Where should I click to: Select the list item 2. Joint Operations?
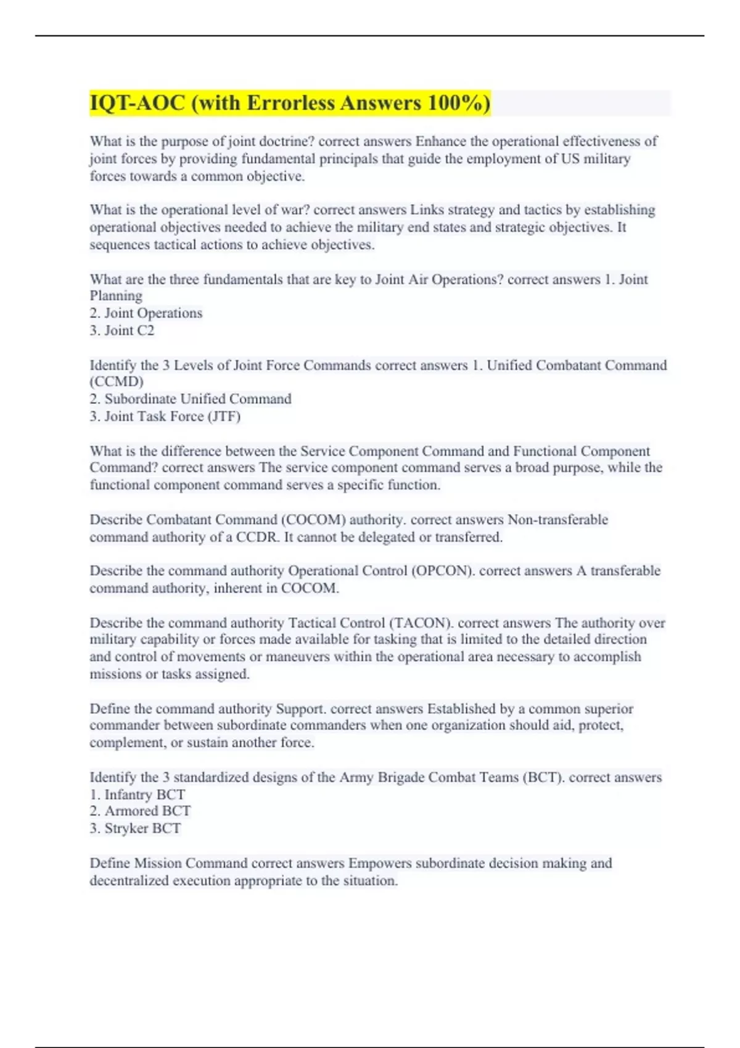(x=146, y=313)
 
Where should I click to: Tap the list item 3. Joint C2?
(x=122, y=330)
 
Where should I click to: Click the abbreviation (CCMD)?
(x=117, y=382)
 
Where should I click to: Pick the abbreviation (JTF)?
(x=224, y=416)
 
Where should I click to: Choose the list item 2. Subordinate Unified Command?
(x=191, y=399)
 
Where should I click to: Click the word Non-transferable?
(x=557, y=520)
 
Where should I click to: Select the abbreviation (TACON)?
(x=421, y=623)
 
